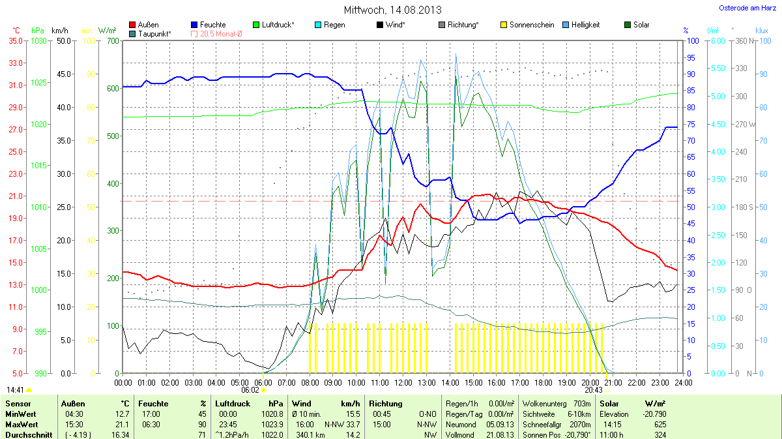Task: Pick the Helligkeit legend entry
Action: [585, 25]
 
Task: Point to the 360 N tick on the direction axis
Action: [743, 41]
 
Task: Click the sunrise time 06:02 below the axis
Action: [250, 389]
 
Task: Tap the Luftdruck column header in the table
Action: [232, 404]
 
